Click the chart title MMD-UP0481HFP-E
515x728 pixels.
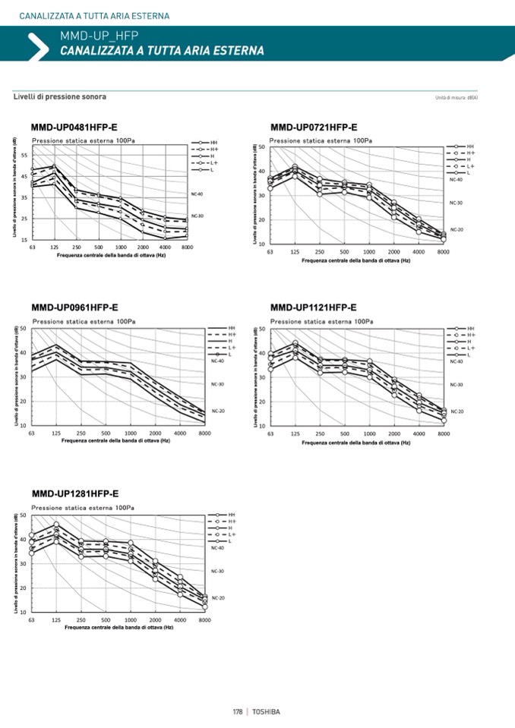(74, 127)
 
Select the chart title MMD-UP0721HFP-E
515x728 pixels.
(314, 127)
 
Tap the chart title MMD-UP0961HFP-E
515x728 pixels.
(74, 308)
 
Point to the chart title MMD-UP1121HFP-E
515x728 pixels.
(314, 308)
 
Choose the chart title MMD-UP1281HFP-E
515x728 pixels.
(74, 493)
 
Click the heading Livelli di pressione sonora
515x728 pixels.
(60, 97)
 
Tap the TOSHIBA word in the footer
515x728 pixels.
(267, 711)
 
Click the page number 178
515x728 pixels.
(238, 711)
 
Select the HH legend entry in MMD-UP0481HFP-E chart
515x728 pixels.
(213, 142)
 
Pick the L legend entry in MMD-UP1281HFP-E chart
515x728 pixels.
(230, 541)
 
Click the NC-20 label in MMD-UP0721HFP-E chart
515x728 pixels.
(457, 229)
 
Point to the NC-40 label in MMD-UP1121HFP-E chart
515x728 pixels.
(457, 361)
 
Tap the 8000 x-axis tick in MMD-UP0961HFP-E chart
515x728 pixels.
(204, 433)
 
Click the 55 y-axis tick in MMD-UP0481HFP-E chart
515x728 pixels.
(25, 156)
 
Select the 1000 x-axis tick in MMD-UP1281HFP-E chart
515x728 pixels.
(130, 620)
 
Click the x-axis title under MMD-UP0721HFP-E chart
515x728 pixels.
(355, 260)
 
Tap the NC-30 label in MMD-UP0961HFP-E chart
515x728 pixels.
(218, 384)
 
